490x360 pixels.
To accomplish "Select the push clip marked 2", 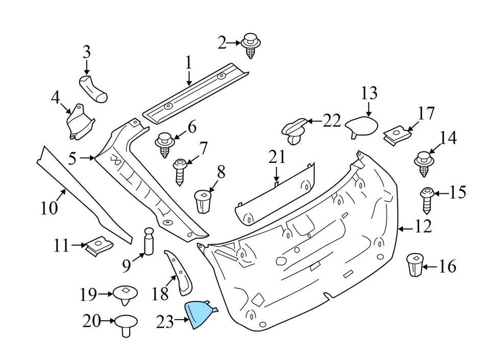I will coord(250,45).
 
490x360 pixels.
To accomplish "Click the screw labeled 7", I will coord(180,172).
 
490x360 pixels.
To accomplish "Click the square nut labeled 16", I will coord(414,264).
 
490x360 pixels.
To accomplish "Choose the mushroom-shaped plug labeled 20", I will coord(127,324).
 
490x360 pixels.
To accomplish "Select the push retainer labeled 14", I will coord(424,162).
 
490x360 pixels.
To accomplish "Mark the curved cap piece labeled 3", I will coord(93,87).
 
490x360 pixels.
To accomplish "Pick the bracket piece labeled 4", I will coord(79,122).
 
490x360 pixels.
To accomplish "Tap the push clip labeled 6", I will coord(165,143).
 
